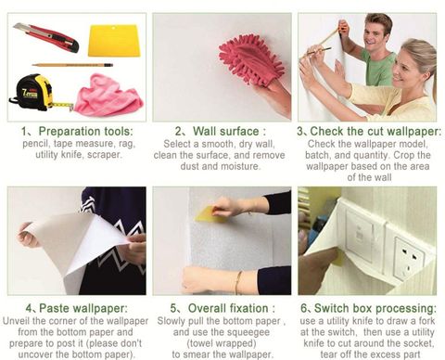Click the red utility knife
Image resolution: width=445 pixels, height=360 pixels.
[x=46, y=37]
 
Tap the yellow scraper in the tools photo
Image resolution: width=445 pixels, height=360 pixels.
[x=114, y=41]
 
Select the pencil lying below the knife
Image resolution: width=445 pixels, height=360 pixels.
[x=72, y=65]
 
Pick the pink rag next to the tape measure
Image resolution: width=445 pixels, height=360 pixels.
[x=108, y=96]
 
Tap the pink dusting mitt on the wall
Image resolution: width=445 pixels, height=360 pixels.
[x=250, y=63]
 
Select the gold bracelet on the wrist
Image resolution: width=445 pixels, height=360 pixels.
[x=238, y=282]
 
